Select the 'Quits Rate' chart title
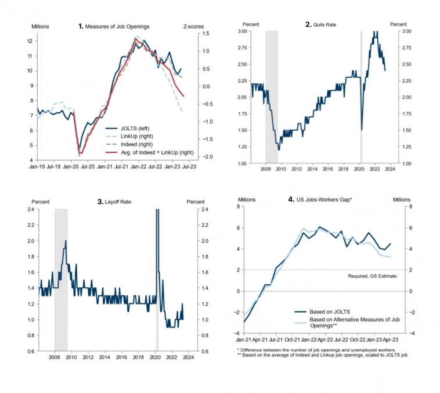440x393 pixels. coord(324,24)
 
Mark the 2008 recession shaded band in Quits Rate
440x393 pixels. coord(272,97)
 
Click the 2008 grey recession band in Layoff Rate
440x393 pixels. coord(61,279)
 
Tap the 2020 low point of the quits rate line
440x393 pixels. coord(362,130)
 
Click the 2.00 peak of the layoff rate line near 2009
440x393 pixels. coord(66,241)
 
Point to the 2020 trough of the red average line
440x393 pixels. coord(80,153)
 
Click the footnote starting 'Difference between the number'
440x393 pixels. coord(309,350)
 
